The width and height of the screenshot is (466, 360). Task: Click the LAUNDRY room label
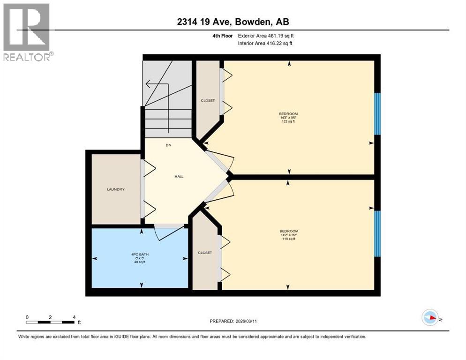pos(115,189)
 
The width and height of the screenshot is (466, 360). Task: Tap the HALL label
pos(179,177)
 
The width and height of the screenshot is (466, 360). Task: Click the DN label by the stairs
pos(168,145)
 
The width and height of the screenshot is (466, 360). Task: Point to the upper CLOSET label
pos(207,100)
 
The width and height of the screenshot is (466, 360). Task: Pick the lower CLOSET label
pos(205,253)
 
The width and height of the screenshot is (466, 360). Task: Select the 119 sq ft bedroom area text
pos(289,239)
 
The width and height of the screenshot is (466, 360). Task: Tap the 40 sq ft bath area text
pos(138,262)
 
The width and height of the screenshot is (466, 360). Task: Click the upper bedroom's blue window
pos(377,114)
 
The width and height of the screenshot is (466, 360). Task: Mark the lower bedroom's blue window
pos(377,233)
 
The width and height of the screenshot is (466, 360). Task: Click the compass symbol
pos(430,318)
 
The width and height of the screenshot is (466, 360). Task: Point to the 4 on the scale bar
pos(75,317)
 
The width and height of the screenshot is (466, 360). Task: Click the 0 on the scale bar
pos(27,317)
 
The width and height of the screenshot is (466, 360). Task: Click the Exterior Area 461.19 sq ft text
pos(266,35)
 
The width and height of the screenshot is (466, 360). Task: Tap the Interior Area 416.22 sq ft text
pos(265,43)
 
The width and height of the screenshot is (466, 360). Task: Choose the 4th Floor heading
pos(223,35)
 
